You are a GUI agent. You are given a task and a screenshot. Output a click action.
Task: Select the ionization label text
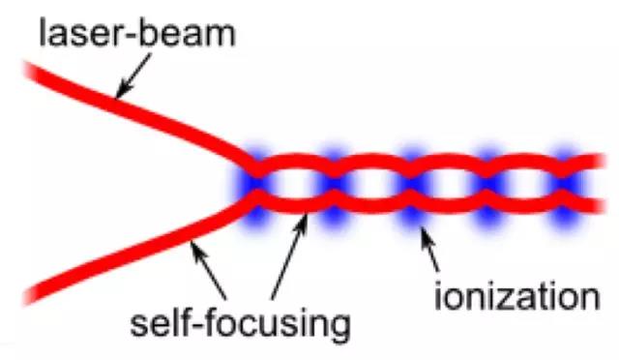[517, 295]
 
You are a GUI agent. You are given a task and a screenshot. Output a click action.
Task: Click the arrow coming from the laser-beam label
[134, 75]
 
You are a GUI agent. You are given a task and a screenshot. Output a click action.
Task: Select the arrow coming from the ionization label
[430, 249]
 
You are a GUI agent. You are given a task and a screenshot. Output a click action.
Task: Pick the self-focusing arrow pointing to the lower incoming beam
[208, 271]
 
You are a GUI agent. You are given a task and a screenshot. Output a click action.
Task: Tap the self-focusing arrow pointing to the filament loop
[289, 256]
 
